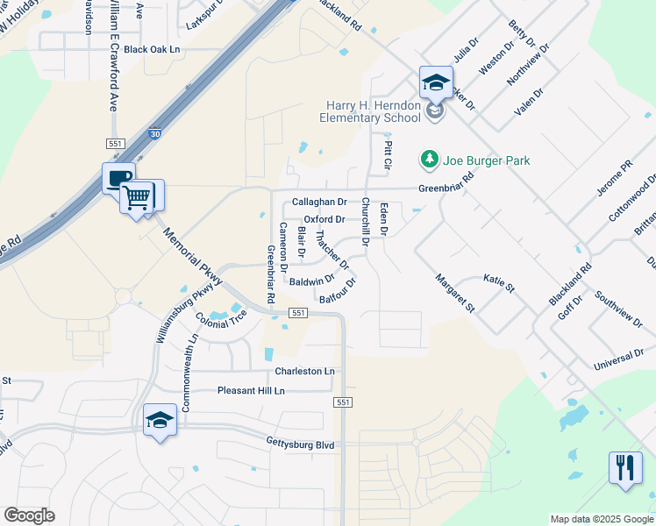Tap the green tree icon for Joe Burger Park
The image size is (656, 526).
pyautogui.click(x=429, y=160)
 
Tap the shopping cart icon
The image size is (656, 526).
pyautogui.click(x=137, y=198)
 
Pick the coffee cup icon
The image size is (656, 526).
pyautogui.click(x=118, y=178)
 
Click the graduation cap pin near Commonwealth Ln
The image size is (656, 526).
pyautogui.click(x=160, y=422)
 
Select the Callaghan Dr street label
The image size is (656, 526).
pyautogui.click(x=319, y=202)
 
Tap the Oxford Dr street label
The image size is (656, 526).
pyautogui.click(x=324, y=219)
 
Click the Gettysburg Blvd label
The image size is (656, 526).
pyautogui.click(x=301, y=444)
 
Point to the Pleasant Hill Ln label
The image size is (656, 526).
pyautogui.click(x=251, y=390)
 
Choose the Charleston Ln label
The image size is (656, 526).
pyautogui.click(x=304, y=371)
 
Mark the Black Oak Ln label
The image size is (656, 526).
pyautogui.click(x=151, y=50)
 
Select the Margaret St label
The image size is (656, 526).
pyautogui.click(x=454, y=294)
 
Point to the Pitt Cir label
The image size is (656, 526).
pyautogui.click(x=387, y=152)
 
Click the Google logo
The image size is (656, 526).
pyautogui.click(x=29, y=515)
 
